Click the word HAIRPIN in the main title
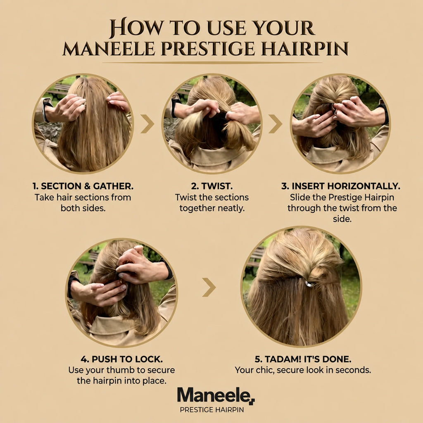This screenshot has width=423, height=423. [304, 49]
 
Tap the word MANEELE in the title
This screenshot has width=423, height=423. [109, 49]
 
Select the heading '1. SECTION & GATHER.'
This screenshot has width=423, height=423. [83, 186]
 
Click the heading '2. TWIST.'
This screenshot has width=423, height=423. [212, 186]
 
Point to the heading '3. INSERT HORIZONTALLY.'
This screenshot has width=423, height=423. [341, 186]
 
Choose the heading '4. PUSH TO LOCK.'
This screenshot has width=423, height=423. [122, 359]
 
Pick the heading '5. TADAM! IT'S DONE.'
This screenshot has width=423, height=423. [303, 359]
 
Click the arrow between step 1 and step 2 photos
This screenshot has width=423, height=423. [147, 124]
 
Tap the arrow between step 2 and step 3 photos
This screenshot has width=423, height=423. [276, 124]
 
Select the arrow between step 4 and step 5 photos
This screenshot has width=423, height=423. [209, 288]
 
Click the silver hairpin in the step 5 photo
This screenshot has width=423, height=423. [309, 284]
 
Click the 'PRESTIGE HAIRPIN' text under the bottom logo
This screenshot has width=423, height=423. [212, 410]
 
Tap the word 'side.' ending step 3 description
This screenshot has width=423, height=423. [342, 219]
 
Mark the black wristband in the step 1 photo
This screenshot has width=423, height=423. [46, 109]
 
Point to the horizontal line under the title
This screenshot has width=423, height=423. [212, 63]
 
